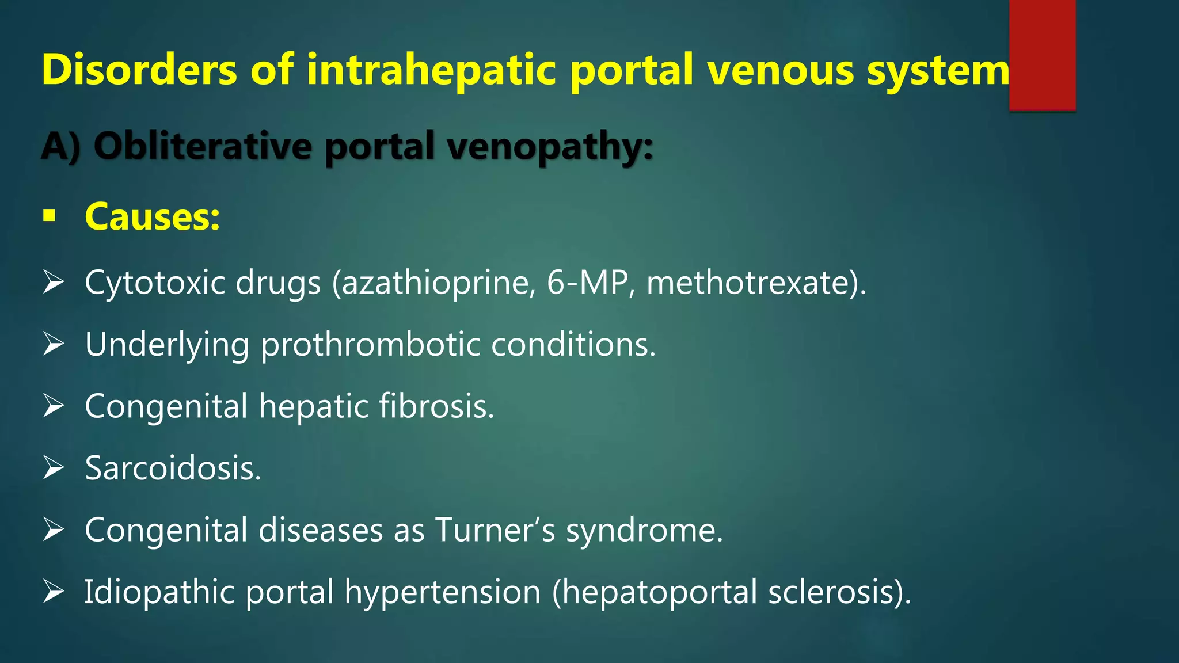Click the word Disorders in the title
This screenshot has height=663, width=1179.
point(139,70)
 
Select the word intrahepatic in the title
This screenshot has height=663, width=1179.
point(431,70)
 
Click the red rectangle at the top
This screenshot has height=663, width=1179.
point(1042,55)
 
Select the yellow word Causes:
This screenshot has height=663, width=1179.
point(153,217)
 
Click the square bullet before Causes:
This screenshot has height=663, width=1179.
point(50,216)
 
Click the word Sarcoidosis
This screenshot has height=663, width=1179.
point(173,468)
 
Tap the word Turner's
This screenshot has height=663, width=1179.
point(495,529)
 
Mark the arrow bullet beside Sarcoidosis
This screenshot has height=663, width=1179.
point(53,468)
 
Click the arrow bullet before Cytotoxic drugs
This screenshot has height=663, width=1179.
point(53,283)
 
